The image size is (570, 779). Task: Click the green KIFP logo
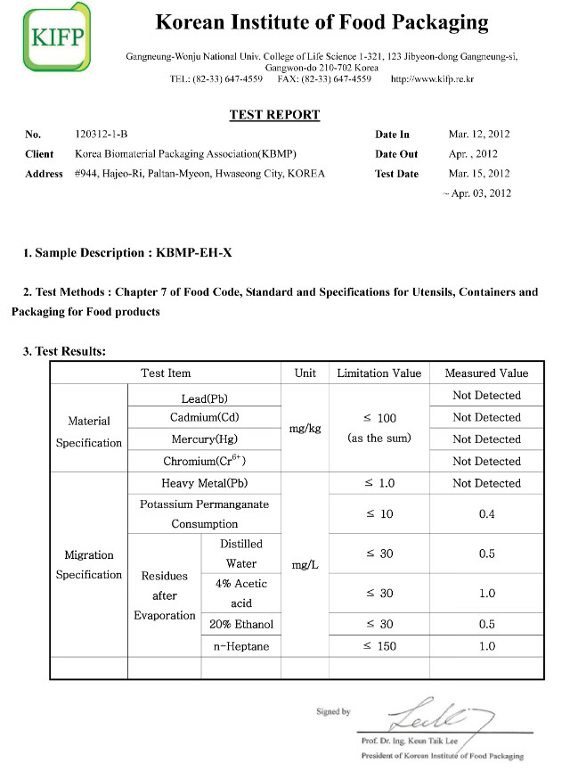click(x=56, y=37)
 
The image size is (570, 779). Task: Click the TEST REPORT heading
click(x=274, y=115)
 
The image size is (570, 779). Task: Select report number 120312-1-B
click(x=102, y=135)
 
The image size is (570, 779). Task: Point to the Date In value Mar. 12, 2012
click(x=479, y=135)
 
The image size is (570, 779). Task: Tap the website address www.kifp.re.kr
click(x=432, y=79)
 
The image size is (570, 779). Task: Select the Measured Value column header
click(x=486, y=373)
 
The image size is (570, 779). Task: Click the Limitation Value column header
click(x=379, y=373)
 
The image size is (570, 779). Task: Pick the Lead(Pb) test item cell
click(x=205, y=396)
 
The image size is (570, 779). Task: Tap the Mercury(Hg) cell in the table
click(x=205, y=439)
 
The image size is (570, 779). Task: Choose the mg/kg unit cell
click(x=305, y=429)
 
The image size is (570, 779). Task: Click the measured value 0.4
click(x=486, y=514)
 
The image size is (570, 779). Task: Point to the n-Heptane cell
click(x=240, y=646)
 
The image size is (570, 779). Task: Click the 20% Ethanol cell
click(x=240, y=624)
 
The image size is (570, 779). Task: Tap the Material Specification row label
click(x=89, y=431)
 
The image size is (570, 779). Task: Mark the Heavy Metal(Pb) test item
click(x=205, y=483)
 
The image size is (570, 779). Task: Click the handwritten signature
click(x=434, y=713)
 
